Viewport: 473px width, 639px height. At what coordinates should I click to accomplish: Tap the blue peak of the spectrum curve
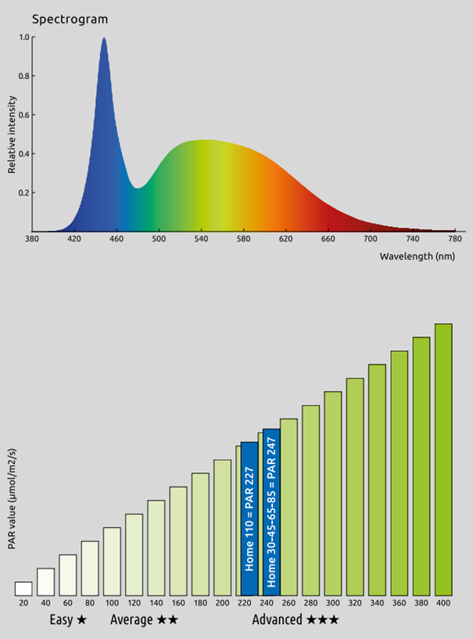pos(103,41)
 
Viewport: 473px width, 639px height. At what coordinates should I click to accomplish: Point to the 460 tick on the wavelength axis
pos(116,239)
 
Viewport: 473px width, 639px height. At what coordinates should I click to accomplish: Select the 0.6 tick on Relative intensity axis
pos(25,115)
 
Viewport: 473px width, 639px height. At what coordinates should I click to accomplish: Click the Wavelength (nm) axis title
pos(417,256)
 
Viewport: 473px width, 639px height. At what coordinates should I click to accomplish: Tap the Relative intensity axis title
pos(12,135)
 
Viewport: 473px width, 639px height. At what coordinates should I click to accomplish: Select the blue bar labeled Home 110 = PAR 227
pos(249,519)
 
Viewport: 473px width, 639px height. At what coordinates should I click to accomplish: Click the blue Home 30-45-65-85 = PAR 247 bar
pos(271,512)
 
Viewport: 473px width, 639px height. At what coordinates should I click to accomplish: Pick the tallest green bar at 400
pos(443,460)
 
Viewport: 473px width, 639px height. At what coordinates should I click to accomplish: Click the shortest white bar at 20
pos(23,589)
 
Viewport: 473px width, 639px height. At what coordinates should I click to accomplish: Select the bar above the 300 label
pos(333,494)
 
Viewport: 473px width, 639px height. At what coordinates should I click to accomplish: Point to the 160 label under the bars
pos(178,605)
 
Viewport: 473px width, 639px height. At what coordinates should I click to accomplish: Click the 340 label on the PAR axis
pos(377,605)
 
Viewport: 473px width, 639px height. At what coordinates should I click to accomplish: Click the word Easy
pos(61,620)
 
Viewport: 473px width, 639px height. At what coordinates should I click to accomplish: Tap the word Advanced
pos(278,620)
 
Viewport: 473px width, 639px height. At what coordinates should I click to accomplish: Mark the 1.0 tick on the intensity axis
pos(25,38)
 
